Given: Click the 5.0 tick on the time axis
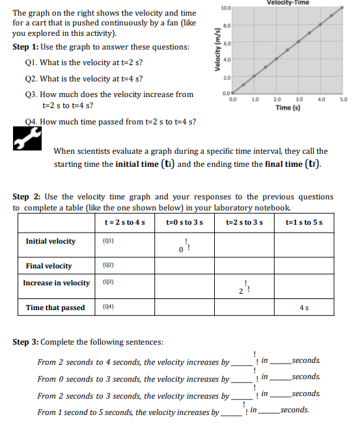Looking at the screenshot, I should (343, 99).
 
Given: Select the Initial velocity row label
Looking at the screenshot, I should (50, 241).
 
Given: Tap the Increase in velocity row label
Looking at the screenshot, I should (56, 283).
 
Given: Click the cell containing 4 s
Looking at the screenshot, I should (305, 307).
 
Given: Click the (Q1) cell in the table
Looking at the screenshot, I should (109, 241).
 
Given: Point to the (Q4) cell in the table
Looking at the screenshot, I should (109, 307).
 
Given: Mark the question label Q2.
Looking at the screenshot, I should (31, 79).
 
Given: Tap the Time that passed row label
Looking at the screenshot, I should (55, 307).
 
